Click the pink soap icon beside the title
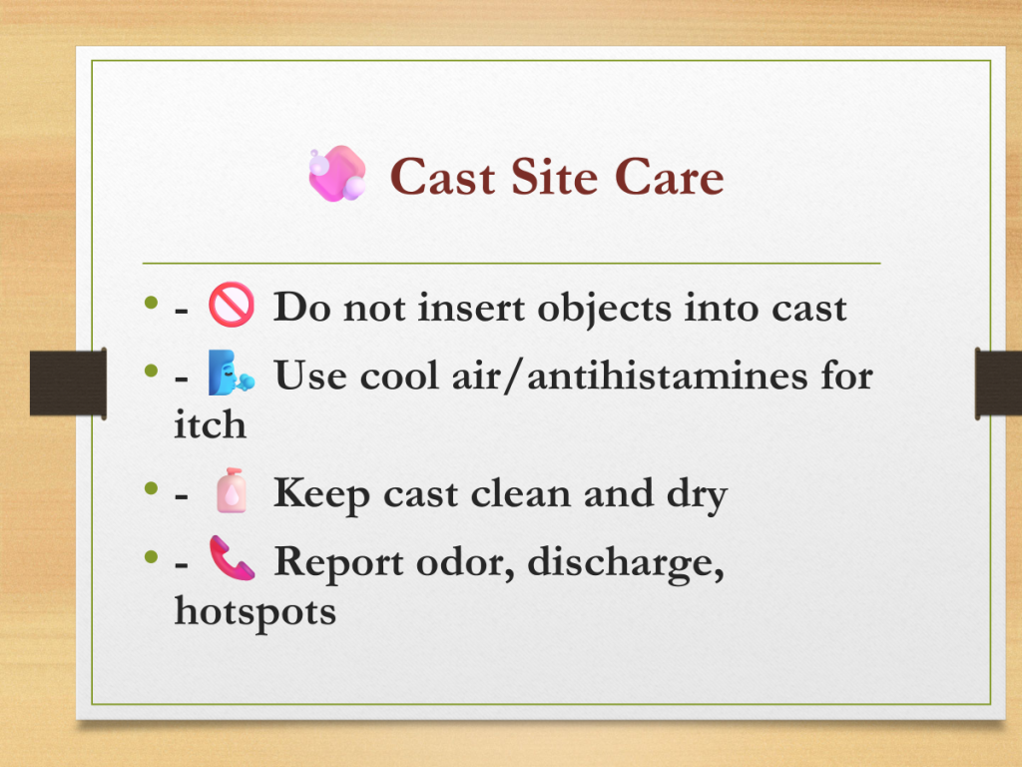(337, 174)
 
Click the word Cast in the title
(442, 177)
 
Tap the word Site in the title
(554, 176)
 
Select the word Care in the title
(669, 177)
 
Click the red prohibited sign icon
(232, 305)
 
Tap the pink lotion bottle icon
(232, 491)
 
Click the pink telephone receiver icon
(232, 558)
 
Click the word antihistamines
(668, 376)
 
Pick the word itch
(210, 425)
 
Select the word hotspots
(255, 613)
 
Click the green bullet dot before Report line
(152, 556)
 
